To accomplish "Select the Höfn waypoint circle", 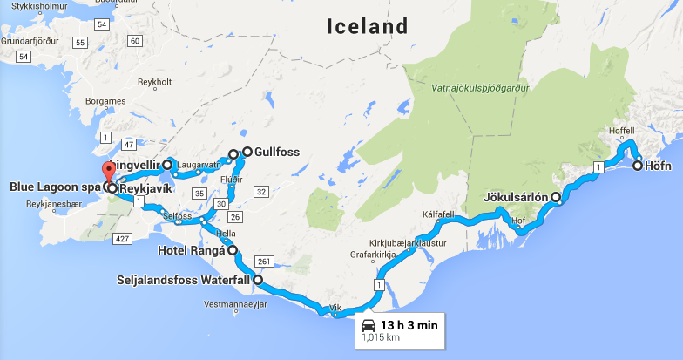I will click(x=638, y=165).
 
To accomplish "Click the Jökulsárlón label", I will click(x=515, y=197).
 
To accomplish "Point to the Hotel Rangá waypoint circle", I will click(x=233, y=249).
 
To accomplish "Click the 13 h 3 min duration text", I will click(x=409, y=326).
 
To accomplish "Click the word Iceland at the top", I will click(x=367, y=26).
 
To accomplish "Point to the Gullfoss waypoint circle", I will click(x=247, y=152).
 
